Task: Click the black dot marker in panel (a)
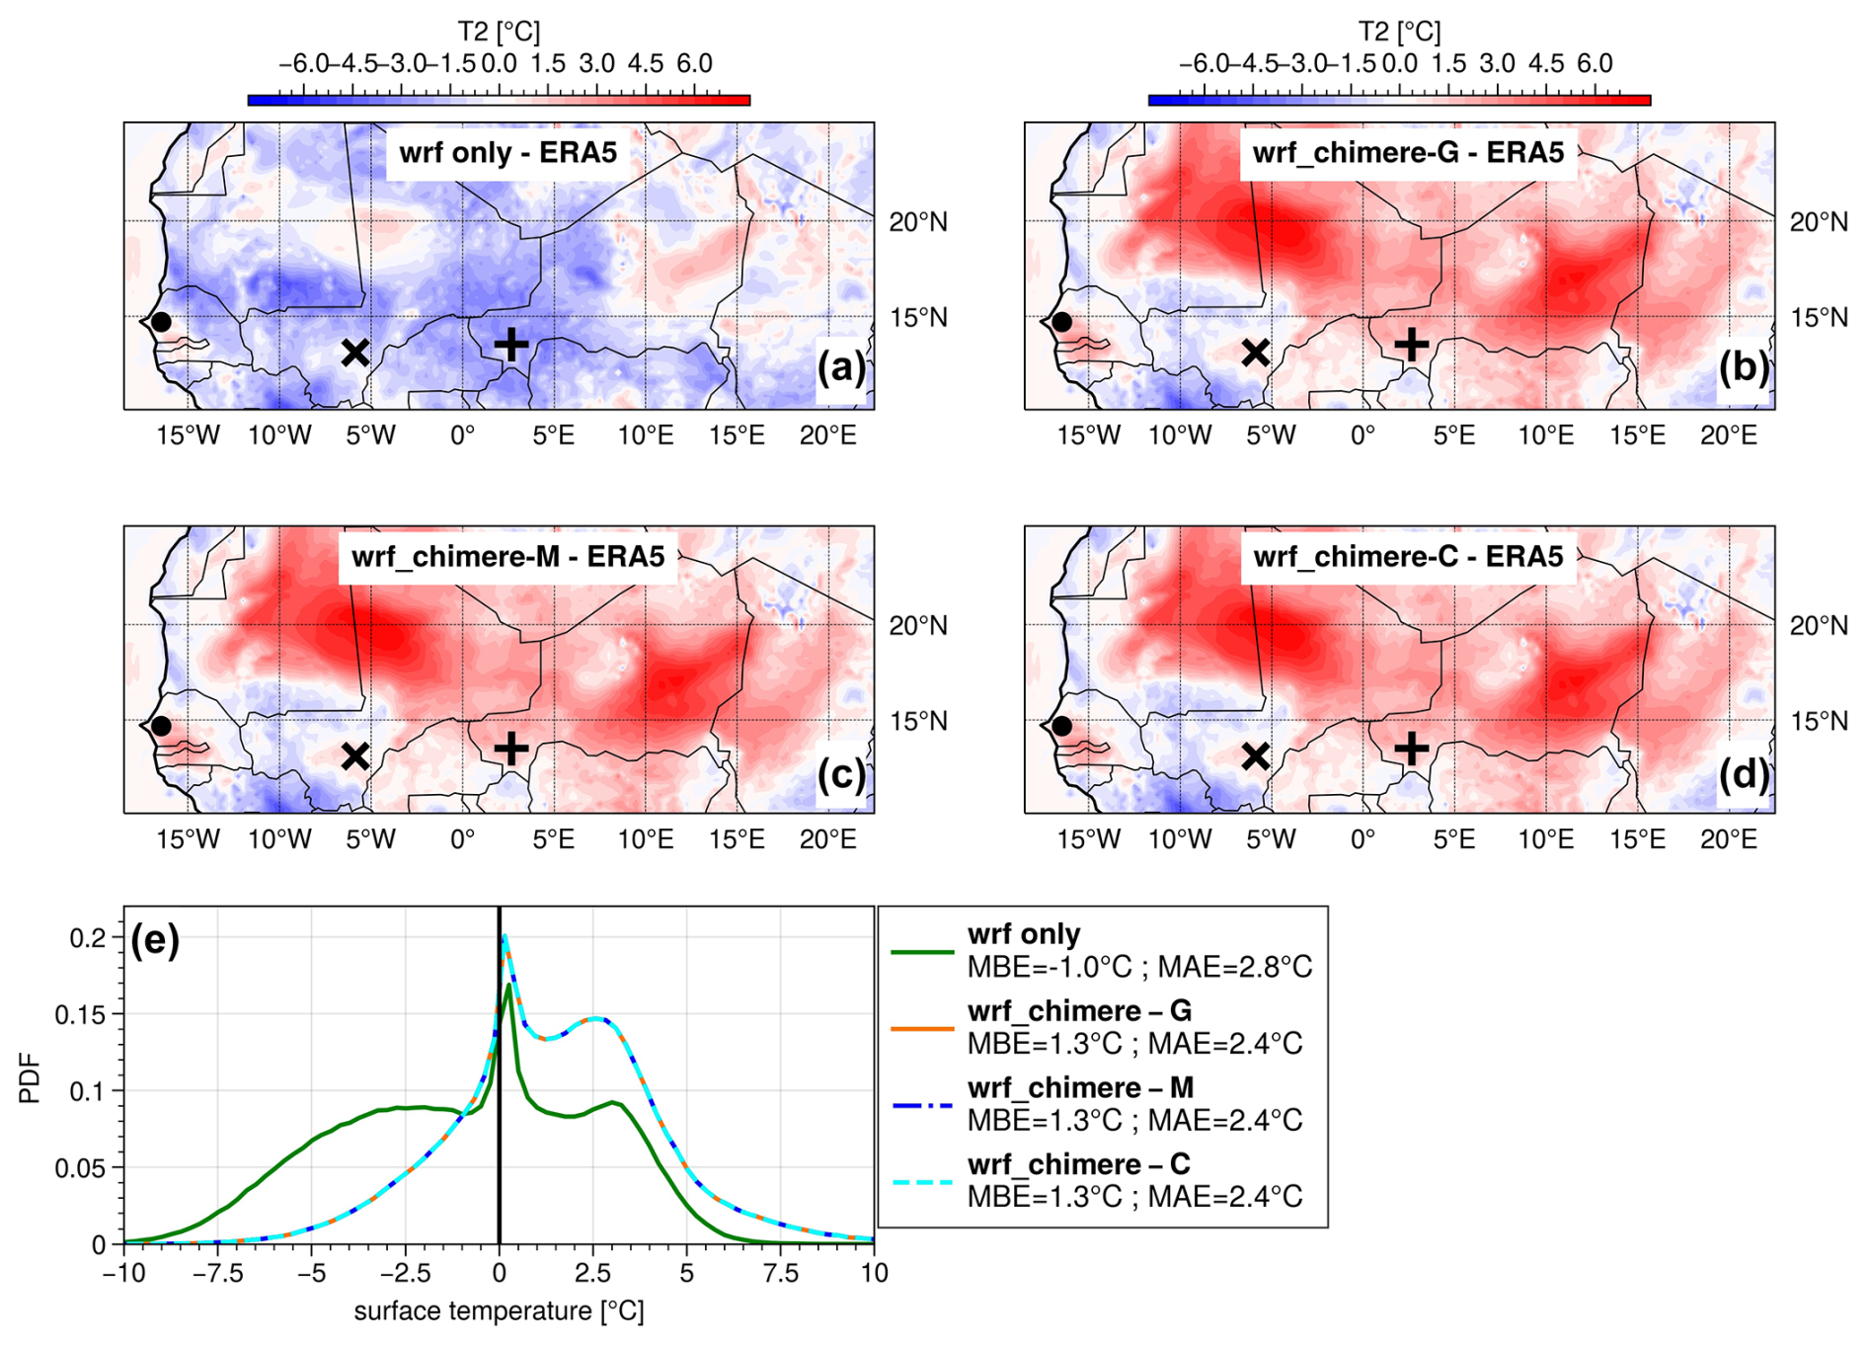pyautogui.click(x=161, y=322)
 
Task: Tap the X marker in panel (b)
pyautogui.click(x=1255, y=353)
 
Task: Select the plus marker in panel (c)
pyautogui.click(x=510, y=749)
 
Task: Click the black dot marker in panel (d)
pyautogui.click(x=1061, y=726)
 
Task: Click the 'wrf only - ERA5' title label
pyautogui.click(x=507, y=153)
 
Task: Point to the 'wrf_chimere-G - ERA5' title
pyautogui.click(x=1408, y=153)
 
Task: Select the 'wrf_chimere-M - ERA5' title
pyautogui.click(x=507, y=557)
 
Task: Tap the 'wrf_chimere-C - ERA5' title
pyautogui.click(x=1408, y=557)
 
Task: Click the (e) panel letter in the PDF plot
pyautogui.click(x=155, y=940)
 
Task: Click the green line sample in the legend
pyautogui.click(x=922, y=952)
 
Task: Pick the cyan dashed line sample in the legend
pyautogui.click(x=922, y=1182)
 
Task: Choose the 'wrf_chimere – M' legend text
pyautogui.click(x=1080, y=1087)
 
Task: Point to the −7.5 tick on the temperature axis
pyautogui.click(x=216, y=1274)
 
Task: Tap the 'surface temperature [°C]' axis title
pyautogui.click(x=499, y=1311)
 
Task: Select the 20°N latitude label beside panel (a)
pyautogui.click(x=917, y=222)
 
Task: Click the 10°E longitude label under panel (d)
pyautogui.click(x=1546, y=839)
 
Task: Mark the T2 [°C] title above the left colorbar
pyautogui.click(x=499, y=32)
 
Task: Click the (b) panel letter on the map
pyautogui.click(x=1743, y=366)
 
